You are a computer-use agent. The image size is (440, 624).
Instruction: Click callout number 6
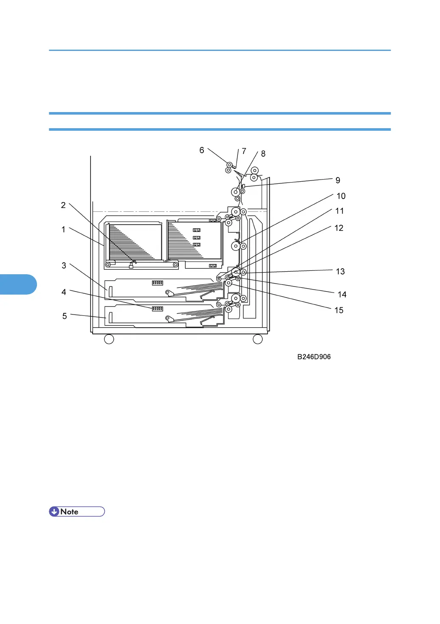point(202,150)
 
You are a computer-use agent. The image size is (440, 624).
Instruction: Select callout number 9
point(338,180)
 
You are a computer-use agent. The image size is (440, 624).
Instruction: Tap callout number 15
point(339,310)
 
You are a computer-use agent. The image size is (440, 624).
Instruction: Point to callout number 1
point(63,230)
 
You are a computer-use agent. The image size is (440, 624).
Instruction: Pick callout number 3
point(64,266)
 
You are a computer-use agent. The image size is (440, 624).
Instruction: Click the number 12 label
point(339,228)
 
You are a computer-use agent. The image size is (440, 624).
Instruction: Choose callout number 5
point(65,316)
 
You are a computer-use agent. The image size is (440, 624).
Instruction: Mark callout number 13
point(340,272)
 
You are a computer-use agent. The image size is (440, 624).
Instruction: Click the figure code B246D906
point(314,357)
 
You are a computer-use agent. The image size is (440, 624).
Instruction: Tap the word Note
point(70,512)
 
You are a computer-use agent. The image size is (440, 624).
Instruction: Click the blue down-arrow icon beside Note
point(54,512)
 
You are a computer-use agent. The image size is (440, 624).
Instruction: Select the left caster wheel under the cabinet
point(109,339)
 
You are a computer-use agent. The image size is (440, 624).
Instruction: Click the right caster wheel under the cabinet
point(258,339)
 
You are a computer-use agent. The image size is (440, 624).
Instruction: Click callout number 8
point(263,154)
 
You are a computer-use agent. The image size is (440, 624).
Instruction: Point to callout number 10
point(341,196)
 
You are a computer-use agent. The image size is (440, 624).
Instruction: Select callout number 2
point(63,205)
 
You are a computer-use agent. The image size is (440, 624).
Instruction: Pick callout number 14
point(342,295)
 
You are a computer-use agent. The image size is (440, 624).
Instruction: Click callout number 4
point(64,292)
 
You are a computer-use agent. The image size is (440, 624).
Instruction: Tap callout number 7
point(244,151)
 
